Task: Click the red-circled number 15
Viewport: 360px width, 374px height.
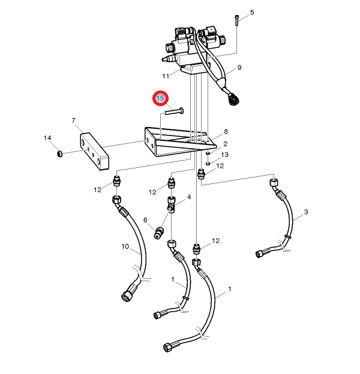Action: [160, 97]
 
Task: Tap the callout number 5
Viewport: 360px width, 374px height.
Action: [252, 13]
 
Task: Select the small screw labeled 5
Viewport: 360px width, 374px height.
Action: [237, 20]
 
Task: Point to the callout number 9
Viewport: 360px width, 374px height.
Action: [239, 67]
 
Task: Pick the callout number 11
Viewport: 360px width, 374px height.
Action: [166, 76]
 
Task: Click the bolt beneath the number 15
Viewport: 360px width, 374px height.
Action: [172, 110]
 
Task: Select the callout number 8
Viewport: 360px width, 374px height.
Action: [226, 132]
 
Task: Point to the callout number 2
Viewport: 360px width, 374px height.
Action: [225, 144]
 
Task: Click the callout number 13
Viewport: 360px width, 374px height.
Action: [225, 155]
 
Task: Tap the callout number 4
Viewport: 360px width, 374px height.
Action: [189, 197]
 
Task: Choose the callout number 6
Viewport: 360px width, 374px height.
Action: [145, 219]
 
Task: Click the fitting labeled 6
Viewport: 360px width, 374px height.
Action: [160, 232]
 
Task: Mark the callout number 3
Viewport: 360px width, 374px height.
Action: [305, 212]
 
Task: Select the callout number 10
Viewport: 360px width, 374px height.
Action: [125, 246]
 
